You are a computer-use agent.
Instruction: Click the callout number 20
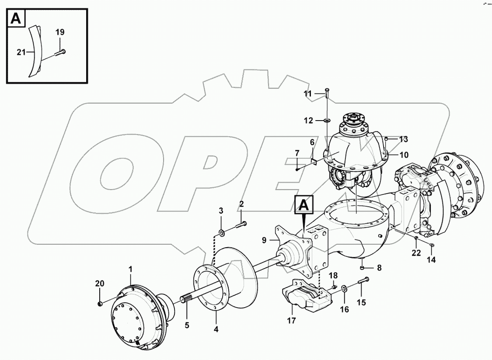[100, 284]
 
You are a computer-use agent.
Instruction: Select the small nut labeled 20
[100, 303]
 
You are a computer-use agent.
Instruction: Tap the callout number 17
[291, 320]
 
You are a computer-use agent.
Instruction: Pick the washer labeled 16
[345, 288]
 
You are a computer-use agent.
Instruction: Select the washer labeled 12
[328, 120]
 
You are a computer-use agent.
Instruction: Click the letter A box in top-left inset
[16, 18]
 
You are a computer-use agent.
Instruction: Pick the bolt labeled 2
[241, 225]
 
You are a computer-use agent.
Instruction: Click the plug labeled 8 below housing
[363, 267]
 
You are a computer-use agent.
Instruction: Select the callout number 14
[431, 259]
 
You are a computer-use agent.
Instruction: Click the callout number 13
[403, 139]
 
